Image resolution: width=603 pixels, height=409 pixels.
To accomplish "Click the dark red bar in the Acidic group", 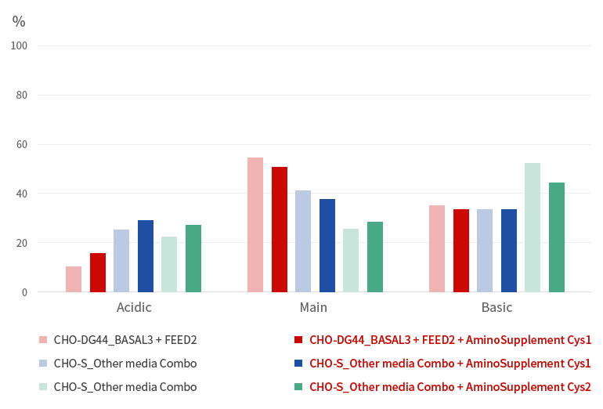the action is tap(98, 273).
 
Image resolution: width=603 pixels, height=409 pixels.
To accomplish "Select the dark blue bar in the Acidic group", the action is tap(146, 256).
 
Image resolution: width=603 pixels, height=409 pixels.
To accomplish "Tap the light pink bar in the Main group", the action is tap(255, 225).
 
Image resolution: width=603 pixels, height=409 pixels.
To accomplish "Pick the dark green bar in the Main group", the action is tap(375, 257).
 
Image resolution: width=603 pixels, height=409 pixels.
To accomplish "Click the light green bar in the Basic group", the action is tap(533, 227).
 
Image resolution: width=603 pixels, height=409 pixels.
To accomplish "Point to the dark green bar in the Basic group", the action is tap(557, 237).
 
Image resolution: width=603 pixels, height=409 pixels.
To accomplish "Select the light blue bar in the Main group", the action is tap(303, 241).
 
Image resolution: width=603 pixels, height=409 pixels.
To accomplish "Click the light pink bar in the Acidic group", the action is tap(74, 280).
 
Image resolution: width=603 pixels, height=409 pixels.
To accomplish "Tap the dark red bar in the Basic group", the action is tap(461, 251).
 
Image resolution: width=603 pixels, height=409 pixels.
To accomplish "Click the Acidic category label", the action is tap(134, 307).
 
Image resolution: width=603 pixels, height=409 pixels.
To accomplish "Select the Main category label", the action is tap(313, 307).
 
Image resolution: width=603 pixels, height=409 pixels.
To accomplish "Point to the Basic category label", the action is tap(496, 307).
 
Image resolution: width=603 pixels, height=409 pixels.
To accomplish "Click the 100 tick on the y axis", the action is tap(19, 45).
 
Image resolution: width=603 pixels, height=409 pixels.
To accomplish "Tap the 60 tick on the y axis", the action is tap(22, 144).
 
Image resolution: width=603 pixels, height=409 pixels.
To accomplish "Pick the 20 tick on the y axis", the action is tap(22, 243).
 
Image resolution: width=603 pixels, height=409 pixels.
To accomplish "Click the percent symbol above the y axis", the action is tap(19, 21).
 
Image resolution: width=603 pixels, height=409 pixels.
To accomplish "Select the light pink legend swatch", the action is tap(43, 340).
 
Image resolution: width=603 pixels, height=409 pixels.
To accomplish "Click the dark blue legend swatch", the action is tap(298, 364).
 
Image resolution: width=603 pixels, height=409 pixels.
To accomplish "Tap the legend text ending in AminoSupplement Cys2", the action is tap(450, 387).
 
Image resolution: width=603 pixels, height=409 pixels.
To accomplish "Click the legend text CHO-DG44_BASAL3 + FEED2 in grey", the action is tap(125, 340).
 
